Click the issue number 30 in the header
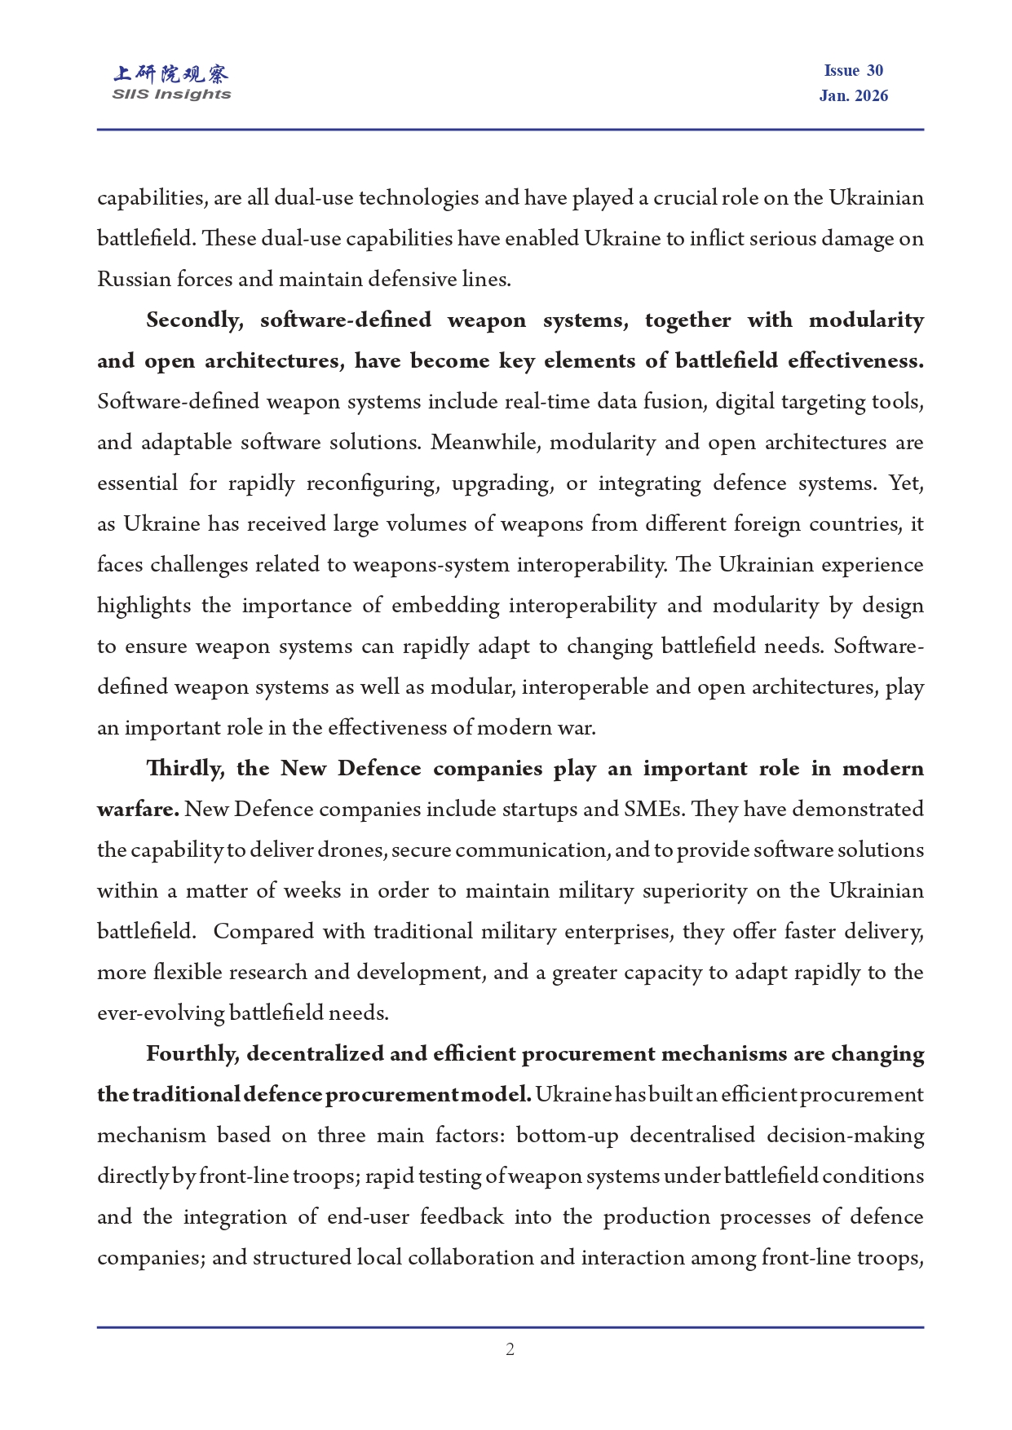pos(874,71)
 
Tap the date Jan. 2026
pos(853,95)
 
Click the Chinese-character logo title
pos(171,74)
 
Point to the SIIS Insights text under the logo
pos(171,95)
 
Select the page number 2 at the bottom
pos(510,1349)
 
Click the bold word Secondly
pos(194,320)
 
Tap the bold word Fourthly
pos(192,1054)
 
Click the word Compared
pos(263,932)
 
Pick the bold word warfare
pos(137,810)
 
